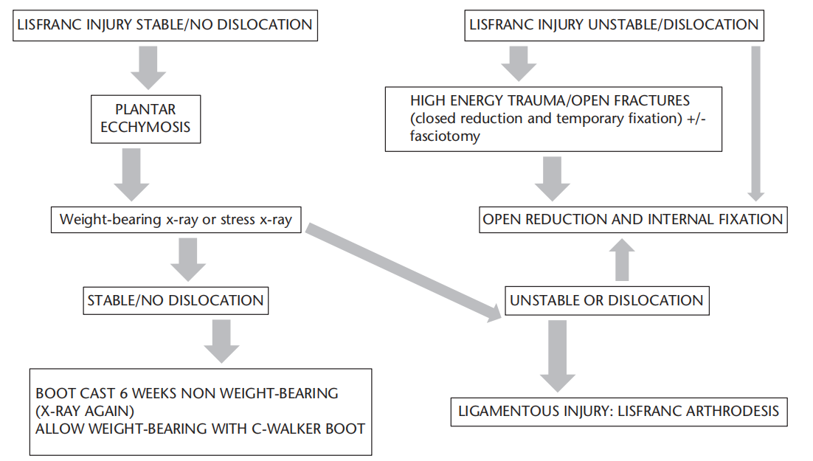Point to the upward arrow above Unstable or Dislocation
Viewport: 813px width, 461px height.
click(622, 260)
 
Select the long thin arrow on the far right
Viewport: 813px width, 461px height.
click(756, 123)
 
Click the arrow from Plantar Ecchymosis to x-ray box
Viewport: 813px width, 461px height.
click(132, 175)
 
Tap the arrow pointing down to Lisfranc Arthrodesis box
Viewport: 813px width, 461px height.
click(558, 356)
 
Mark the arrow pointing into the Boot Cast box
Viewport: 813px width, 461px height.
click(221, 342)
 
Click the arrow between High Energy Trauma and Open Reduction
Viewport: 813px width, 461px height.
click(552, 179)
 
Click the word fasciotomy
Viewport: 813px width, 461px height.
click(445, 136)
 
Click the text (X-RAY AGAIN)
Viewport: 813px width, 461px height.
click(85, 412)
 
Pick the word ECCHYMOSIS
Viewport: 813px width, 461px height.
click(145, 128)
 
